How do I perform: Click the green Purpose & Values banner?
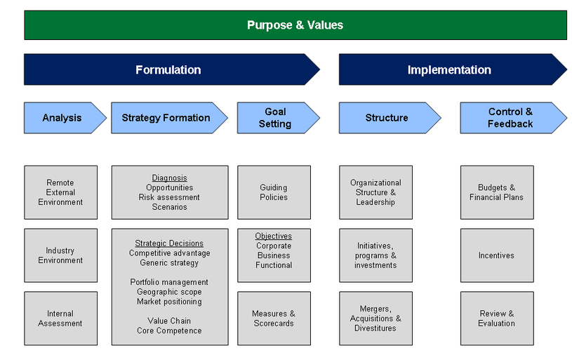point(295,25)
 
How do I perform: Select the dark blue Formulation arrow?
point(168,70)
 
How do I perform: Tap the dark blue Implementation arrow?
point(449,70)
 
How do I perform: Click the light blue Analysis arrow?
point(62,118)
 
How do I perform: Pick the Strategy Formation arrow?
point(166,118)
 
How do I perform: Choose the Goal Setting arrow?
point(274,118)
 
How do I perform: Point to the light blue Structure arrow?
point(387,118)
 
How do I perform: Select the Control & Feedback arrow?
point(510,118)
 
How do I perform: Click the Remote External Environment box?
point(60,192)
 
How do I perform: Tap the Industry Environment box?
point(60,255)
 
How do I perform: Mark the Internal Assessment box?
point(60,319)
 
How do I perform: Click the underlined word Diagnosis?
point(170,178)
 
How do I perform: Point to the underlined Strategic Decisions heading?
point(169,244)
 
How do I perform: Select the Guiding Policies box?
point(274,192)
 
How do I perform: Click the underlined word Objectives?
point(274,236)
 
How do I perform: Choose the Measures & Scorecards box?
point(274,319)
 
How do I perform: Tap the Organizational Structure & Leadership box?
point(375,192)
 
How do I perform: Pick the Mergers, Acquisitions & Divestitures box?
point(375,319)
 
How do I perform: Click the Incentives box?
point(496,255)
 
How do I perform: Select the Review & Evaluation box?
point(496,319)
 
